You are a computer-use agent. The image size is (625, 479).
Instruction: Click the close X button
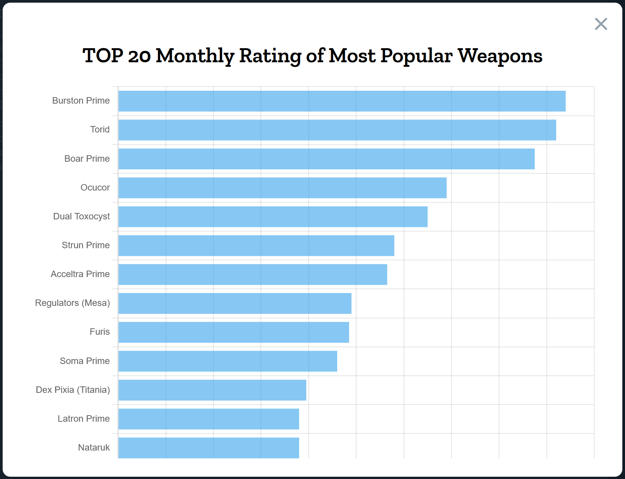click(601, 24)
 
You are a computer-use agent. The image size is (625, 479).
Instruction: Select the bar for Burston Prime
click(342, 101)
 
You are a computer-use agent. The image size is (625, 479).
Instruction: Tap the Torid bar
click(337, 130)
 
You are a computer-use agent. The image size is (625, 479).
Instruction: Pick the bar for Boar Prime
click(327, 159)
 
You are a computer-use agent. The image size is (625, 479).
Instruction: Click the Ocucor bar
click(283, 188)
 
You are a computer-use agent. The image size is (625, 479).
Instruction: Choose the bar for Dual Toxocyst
click(273, 217)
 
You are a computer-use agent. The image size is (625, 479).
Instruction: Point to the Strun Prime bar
click(256, 246)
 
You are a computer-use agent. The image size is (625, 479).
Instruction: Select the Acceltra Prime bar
click(253, 274)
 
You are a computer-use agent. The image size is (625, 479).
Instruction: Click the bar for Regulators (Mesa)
click(235, 303)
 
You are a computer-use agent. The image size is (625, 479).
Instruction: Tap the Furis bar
click(234, 332)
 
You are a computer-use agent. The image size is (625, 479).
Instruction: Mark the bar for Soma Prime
click(228, 361)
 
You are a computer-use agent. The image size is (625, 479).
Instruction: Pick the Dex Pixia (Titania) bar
click(212, 390)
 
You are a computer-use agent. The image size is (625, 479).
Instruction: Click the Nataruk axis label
click(94, 447)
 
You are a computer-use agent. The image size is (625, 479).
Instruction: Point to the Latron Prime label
click(84, 419)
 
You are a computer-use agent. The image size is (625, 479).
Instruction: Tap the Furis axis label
click(99, 332)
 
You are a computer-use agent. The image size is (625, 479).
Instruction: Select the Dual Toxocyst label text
click(81, 216)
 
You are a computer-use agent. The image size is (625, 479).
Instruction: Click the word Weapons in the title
click(500, 56)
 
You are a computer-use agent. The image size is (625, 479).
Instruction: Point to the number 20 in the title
click(139, 56)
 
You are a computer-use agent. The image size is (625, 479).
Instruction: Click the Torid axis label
click(100, 129)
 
